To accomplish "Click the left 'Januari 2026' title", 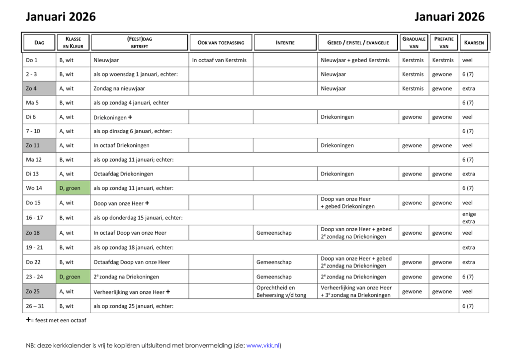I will [61, 17].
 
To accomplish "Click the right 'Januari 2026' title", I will [449, 17].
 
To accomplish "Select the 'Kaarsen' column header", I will [474, 43].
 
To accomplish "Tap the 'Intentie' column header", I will [285, 43].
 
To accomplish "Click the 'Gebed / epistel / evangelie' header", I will [358, 43].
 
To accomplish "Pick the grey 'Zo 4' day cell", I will [39, 89].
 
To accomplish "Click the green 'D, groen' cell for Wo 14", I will [73, 188].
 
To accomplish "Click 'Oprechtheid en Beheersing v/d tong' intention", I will [281, 291].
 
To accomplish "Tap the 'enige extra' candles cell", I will [469, 218].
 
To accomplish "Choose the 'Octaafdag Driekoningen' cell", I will [123, 174].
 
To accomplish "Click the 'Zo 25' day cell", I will [39, 291].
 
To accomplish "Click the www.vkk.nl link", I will [263, 346].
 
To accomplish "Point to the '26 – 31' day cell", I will [39, 306].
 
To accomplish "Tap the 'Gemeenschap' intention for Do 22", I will [274, 262].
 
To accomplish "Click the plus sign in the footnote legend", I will [28, 320].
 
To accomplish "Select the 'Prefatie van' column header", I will [444, 43].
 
